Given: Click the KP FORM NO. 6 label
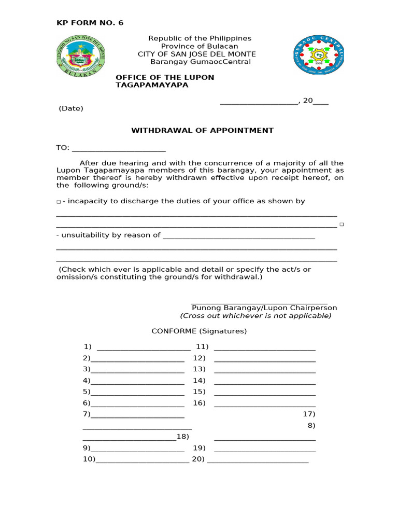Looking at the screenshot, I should (90, 23).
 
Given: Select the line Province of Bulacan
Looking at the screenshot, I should (200, 47).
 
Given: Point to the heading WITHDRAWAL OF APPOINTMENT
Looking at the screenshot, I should (202, 131).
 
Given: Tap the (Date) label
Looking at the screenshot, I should (71, 109).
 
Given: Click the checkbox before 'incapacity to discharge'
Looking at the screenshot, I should (59, 202).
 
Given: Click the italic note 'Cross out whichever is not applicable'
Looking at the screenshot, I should (255, 316).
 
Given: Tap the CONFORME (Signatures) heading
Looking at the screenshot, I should (199, 331).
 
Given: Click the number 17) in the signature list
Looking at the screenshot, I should (309, 414).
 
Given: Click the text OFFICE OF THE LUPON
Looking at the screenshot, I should (165, 78).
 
